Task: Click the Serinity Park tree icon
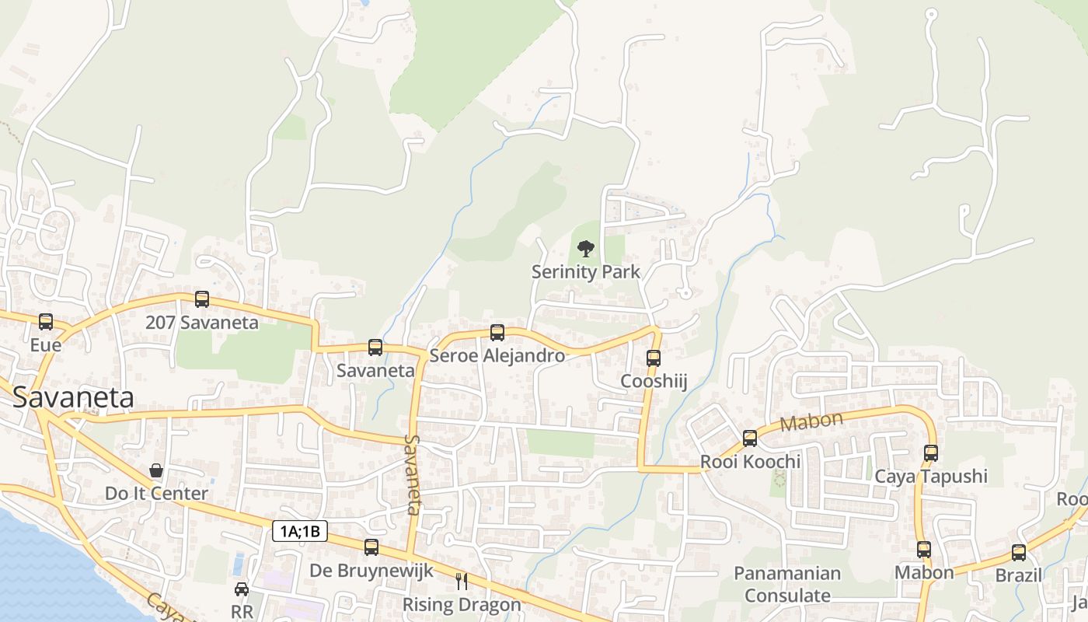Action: (x=586, y=249)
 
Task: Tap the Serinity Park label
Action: (x=586, y=271)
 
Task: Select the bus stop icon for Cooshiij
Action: (x=654, y=358)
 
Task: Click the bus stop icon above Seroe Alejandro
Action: (x=497, y=333)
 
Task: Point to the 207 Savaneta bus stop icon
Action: (x=202, y=299)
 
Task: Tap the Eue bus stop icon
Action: (x=46, y=321)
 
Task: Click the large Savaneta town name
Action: (x=73, y=397)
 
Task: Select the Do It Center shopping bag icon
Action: (x=156, y=470)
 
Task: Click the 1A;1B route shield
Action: (x=300, y=532)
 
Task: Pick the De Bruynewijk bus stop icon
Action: (x=371, y=547)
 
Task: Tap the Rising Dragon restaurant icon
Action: (x=462, y=581)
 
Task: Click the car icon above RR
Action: (x=242, y=589)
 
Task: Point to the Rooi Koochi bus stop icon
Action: (x=750, y=439)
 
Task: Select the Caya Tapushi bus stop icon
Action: (x=931, y=453)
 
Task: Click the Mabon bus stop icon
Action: (x=924, y=550)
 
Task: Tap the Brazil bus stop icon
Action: (x=1019, y=553)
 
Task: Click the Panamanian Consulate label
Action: (x=788, y=585)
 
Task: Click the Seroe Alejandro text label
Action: (x=497, y=356)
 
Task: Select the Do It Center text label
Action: (x=156, y=494)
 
